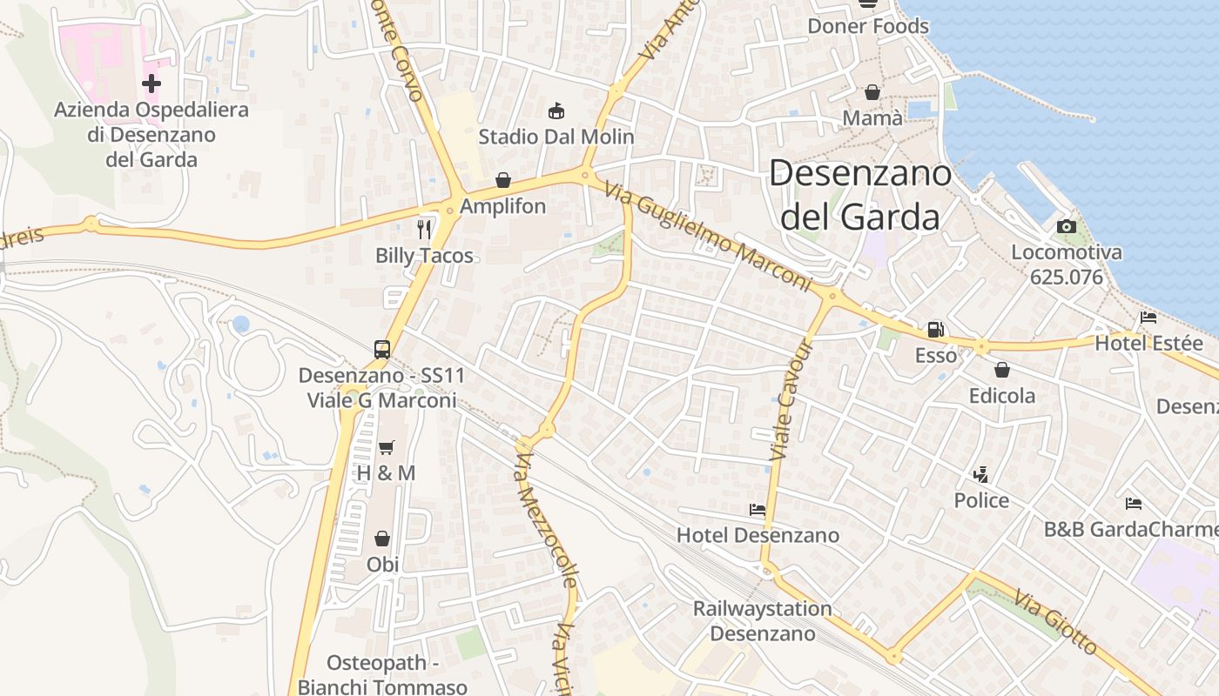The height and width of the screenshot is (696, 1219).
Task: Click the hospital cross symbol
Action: point(152,84)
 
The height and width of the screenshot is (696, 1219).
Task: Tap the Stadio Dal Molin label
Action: point(556,137)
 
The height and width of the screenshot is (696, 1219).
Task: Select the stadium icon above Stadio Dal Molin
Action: point(556,110)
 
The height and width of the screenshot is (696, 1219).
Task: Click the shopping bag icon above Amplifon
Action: point(503,180)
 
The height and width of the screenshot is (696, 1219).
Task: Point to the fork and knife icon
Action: point(424,230)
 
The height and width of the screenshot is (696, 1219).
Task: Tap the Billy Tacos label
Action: point(424,256)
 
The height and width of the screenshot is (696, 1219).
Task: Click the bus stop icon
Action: point(381,350)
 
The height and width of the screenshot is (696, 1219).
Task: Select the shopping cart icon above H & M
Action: point(386,447)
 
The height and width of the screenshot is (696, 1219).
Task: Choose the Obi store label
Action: point(382,564)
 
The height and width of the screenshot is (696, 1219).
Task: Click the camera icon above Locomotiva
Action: point(1066,227)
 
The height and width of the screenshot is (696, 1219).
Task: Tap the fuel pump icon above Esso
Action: point(935,330)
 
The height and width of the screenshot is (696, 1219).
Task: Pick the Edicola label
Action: point(1002,396)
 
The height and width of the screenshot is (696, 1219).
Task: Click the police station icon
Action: point(981,475)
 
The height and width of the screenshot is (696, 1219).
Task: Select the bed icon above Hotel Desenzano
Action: point(758,509)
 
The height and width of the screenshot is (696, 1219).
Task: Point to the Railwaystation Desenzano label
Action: point(762,620)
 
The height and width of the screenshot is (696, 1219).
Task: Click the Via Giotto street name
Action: point(1054,624)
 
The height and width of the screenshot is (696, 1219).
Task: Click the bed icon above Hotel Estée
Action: point(1148,318)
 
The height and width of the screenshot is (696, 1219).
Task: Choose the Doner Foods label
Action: point(868,26)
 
